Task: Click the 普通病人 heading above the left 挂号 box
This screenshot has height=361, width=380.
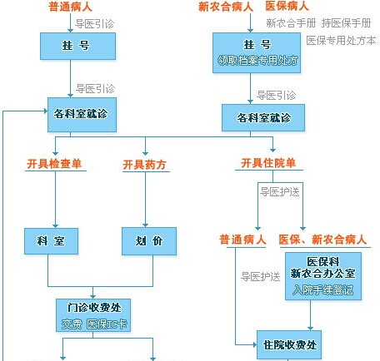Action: click(70, 7)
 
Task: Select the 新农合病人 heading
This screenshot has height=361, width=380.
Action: click(226, 7)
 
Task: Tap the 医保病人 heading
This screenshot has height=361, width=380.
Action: click(287, 6)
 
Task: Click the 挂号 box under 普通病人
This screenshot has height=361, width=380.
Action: click(77, 46)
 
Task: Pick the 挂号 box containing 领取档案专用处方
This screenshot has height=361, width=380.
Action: click(257, 53)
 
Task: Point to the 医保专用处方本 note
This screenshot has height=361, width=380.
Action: click(341, 41)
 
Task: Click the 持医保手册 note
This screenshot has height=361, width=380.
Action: click(346, 23)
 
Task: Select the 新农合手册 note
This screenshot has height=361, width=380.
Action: click(291, 23)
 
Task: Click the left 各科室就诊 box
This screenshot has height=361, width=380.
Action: click(82, 115)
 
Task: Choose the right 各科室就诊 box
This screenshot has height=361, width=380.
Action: click(263, 118)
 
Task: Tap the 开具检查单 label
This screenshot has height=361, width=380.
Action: click(54, 164)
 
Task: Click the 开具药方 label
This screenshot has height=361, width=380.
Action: click(144, 165)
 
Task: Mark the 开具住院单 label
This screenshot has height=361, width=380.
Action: click(268, 163)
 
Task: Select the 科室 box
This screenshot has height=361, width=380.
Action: click(51, 241)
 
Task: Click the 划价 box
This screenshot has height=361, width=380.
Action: click(149, 241)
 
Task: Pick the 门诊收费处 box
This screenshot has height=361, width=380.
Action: click(93, 315)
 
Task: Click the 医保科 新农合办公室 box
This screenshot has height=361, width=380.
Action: click(323, 276)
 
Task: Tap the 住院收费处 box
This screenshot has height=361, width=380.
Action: click(289, 345)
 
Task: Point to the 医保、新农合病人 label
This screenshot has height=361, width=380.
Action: click(322, 240)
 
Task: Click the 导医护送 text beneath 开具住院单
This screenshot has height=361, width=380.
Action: click(280, 191)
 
